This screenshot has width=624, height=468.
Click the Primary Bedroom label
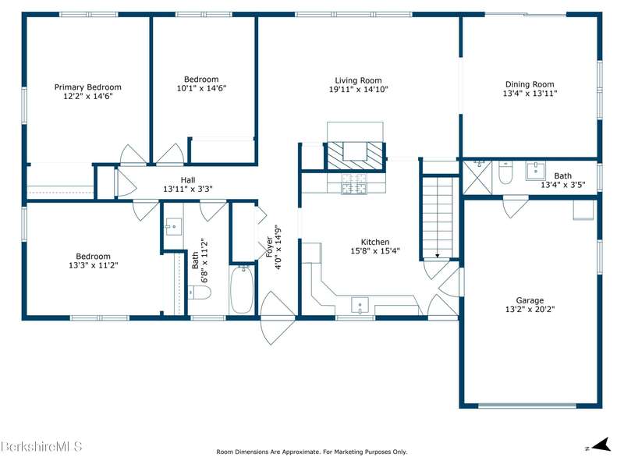tap(87, 87)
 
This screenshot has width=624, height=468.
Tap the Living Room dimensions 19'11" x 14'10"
tap(358, 90)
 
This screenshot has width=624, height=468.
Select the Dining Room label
tap(530, 84)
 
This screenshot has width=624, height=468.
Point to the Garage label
tap(530, 300)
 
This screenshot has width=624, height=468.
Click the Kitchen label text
tap(375, 242)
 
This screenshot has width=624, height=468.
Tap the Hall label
tap(188, 180)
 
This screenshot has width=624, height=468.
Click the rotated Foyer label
tap(270, 247)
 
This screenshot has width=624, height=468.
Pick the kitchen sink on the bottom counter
tap(360, 306)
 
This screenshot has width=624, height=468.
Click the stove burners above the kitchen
tap(354, 183)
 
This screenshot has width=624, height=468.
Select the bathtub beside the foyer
tap(241, 289)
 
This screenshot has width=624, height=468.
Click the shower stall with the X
tap(477, 177)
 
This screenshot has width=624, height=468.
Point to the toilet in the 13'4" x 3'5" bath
tap(505, 172)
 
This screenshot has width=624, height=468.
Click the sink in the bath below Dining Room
tap(536, 171)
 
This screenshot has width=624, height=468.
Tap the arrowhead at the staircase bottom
tap(437, 256)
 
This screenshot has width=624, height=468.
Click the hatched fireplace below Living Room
tap(355, 156)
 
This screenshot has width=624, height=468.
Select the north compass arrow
tap(601, 445)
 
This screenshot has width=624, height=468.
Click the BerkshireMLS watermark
tap(41, 446)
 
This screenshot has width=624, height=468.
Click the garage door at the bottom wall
tap(527, 406)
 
